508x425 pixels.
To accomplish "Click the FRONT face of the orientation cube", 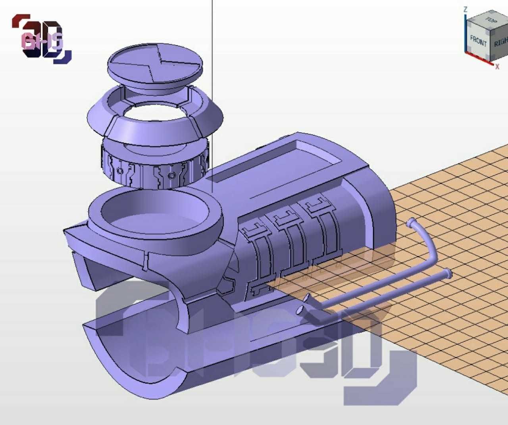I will [478, 40].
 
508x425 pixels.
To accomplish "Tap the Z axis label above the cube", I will [466, 9].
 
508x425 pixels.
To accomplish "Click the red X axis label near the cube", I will [497, 67].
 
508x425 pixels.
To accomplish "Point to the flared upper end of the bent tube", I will [411, 223].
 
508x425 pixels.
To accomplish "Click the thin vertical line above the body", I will [212, 79].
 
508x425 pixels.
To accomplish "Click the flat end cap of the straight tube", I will [448, 273].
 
